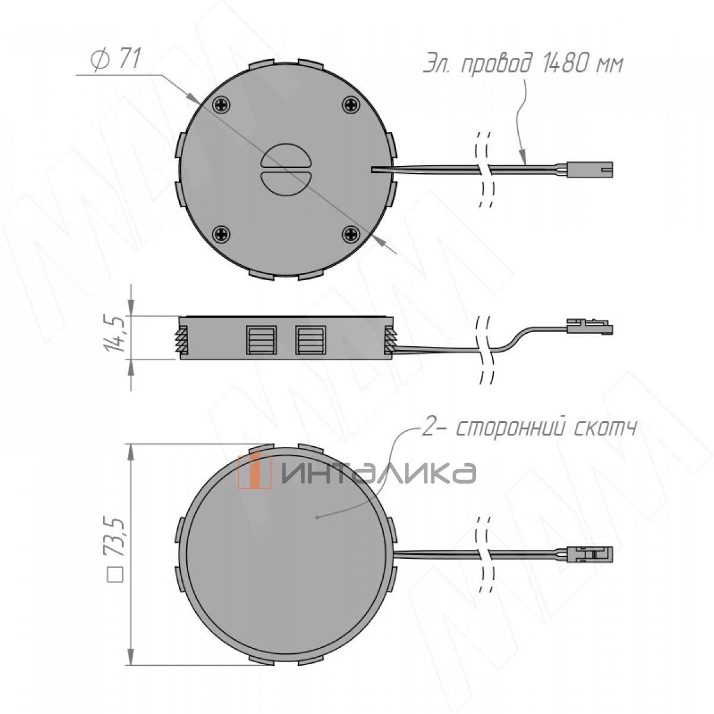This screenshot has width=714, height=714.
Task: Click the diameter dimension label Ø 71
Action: pos(115,59)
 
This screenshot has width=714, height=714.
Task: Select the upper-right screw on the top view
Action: pos(350,104)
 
